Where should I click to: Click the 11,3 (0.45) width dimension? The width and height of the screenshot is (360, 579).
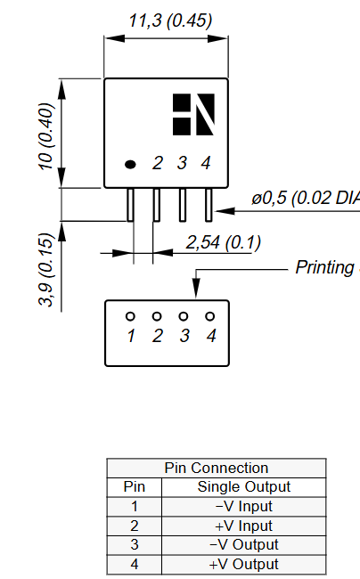[x=170, y=20]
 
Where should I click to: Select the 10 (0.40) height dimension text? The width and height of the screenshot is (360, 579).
[x=46, y=134]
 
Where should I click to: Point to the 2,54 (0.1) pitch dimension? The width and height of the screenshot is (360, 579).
[x=222, y=242]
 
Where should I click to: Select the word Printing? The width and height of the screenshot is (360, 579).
[x=324, y=267]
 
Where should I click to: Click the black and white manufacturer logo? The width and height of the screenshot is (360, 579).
[x=194, y=114]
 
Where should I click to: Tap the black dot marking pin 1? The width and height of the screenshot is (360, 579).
[x=130, y=164]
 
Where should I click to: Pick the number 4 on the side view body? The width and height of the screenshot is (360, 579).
[x=206, y=163]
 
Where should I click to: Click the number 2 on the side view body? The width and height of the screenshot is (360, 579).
[x=157, y=163]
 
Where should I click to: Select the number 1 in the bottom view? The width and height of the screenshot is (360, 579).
[x=131, y=336]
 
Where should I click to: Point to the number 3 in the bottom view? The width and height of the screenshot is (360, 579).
[x=184, y=336]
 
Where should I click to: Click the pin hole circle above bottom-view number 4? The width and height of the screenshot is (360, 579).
[x=210, y=316]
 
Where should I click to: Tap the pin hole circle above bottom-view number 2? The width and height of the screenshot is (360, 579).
[x=157, y=316]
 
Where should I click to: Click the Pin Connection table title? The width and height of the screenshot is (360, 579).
[x=217, y=468]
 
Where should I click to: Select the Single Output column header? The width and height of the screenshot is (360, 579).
[x=243, y=486]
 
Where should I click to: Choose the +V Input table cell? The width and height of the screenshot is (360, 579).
[x=243, y=526]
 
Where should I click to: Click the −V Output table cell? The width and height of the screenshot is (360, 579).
[x=243, y=544]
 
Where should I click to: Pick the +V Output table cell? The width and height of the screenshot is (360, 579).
[x=243, y=564]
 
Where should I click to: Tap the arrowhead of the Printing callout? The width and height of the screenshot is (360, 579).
[x=195, y=289]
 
